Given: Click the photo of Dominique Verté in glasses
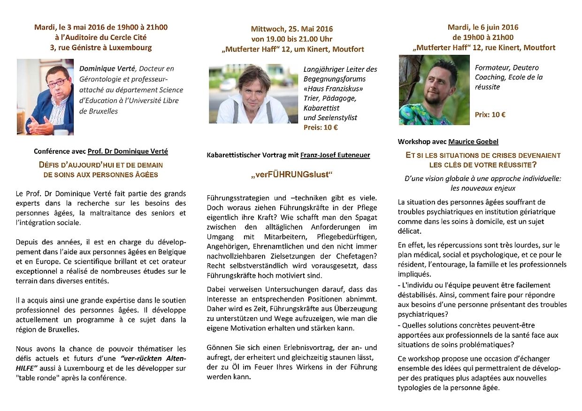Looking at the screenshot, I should [45, 97].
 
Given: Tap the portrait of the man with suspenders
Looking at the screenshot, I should [253, 94].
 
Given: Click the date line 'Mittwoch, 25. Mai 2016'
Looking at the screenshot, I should [291, 29].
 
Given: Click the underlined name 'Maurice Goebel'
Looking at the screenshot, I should [473, 141].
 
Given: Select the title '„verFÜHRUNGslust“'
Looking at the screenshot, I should [291, 175].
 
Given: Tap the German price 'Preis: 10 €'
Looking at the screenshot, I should [321, 127].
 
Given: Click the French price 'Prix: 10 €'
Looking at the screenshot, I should [490, 114].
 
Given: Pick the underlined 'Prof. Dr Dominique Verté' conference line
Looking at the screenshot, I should [128, 151].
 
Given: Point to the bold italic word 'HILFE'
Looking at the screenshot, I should [26, 368].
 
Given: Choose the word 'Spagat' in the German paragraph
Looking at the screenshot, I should [364, 217].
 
